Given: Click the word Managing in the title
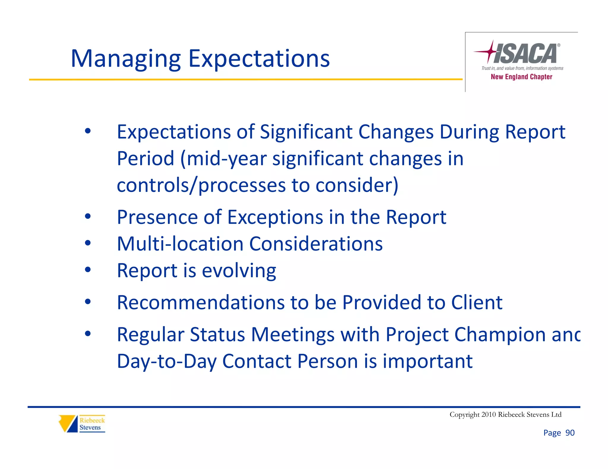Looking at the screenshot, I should [126, 59].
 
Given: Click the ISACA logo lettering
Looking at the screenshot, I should [525, 54].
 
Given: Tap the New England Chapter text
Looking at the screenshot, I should [521, 77].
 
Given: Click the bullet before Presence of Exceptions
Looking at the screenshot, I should [88, 216].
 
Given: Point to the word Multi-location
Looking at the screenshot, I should [180, 244].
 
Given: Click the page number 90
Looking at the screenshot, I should [570, 433].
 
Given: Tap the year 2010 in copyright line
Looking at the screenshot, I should [488, 414].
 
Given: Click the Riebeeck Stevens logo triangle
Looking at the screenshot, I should [68, 423].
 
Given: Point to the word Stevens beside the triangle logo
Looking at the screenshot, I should [90, 427].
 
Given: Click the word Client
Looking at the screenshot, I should [476, 302].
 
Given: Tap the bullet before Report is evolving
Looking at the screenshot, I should [88, 270].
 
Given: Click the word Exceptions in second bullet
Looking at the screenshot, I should [275, 217].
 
